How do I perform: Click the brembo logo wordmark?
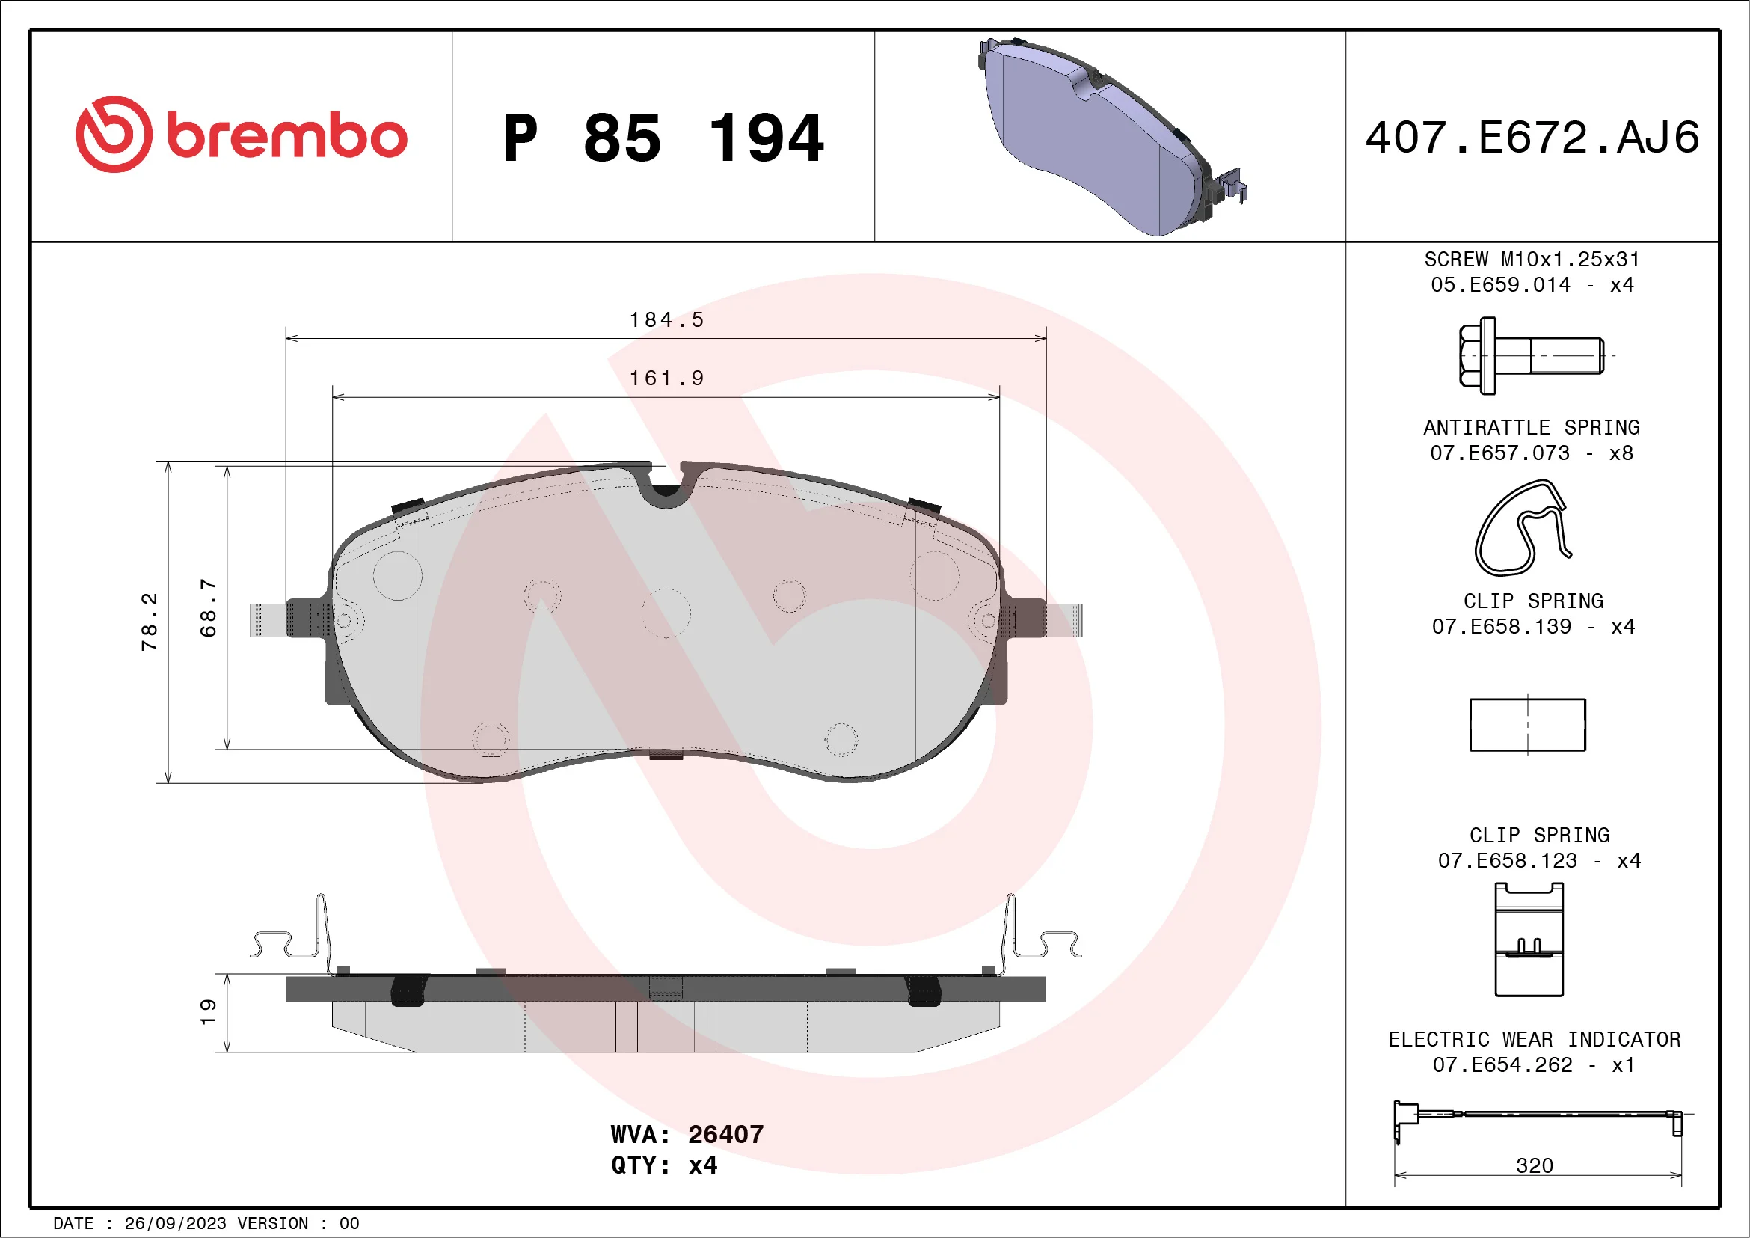point(286,136)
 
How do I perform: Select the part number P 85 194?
point(664,138)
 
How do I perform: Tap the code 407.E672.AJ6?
point(1532,137)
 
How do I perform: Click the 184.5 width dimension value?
point(666,319)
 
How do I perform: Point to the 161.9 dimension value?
point(666,378)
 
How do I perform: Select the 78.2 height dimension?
point(150,622)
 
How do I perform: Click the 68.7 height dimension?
point(208,607)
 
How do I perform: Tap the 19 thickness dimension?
point(208,1011)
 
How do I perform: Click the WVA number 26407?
point(725,1134)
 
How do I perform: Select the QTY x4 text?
point(664,1165)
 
